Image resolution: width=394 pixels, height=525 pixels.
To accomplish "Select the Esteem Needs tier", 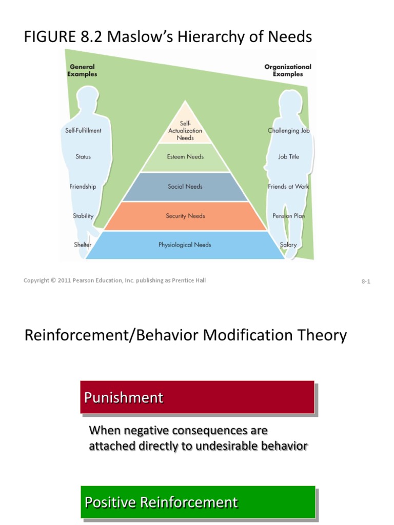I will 185,157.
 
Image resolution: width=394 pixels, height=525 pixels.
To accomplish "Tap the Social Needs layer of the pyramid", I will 185,187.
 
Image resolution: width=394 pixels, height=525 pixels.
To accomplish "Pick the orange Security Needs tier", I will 185,216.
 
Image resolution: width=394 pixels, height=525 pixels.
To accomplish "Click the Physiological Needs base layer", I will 185,245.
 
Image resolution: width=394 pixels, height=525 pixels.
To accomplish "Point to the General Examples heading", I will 82,70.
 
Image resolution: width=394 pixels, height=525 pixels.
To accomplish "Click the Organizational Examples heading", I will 288,70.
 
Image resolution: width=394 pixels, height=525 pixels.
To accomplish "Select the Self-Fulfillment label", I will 83,131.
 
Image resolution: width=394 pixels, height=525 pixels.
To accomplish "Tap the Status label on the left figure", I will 83,157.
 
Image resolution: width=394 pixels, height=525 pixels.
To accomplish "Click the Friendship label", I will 83,187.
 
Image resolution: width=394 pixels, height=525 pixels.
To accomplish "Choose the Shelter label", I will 83,245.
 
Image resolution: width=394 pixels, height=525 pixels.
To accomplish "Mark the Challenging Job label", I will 288,131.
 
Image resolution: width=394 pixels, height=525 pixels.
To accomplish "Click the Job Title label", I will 288,157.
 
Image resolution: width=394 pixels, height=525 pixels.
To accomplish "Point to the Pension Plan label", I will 288,216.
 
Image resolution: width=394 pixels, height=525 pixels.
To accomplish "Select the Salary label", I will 288,245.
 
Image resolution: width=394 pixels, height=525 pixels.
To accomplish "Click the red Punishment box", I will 197,397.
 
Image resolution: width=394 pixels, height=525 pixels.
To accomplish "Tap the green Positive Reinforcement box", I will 197,502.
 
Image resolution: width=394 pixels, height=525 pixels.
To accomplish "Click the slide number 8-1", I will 366,281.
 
